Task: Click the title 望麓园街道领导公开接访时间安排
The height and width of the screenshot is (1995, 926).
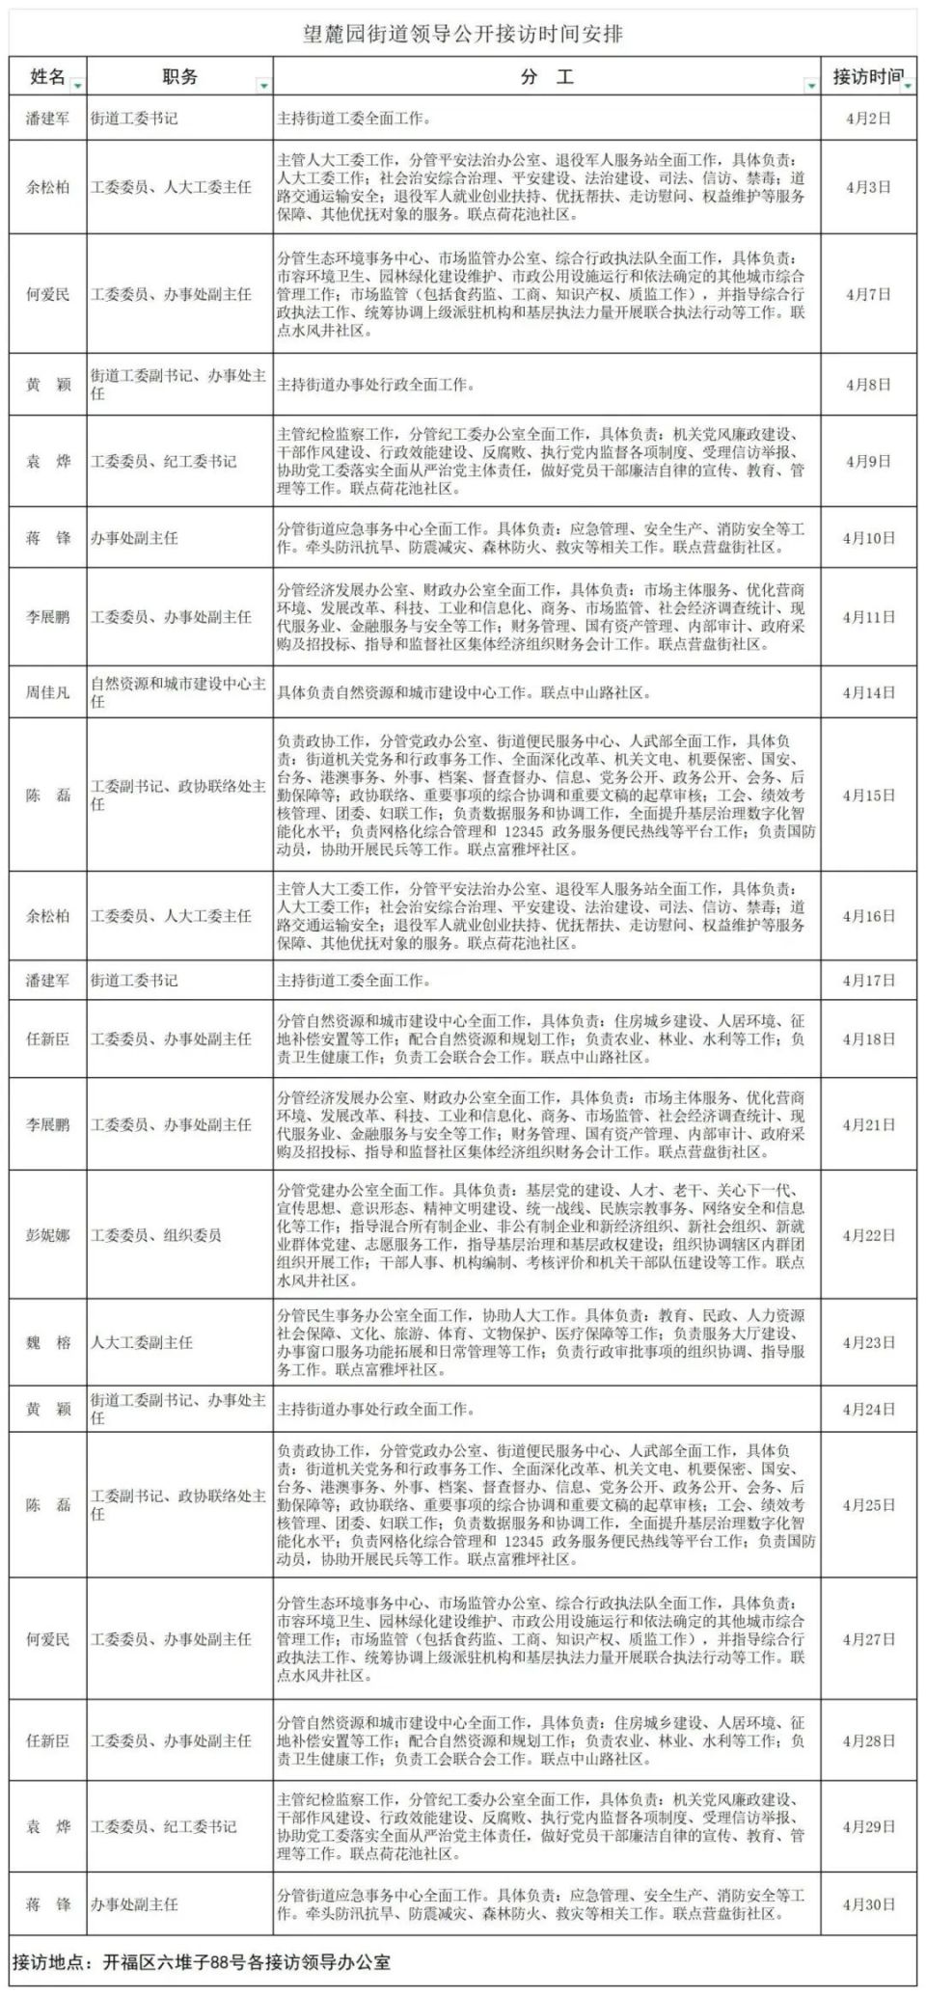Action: coord(463,35)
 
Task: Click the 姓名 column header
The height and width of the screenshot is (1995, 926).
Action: coord(47,76)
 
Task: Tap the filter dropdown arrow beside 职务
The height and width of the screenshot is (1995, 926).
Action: coord(263,86)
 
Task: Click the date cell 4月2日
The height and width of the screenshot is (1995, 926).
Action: coord(868,119)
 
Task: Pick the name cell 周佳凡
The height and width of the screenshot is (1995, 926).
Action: coord(47,692)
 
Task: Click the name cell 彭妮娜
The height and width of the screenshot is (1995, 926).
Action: coord(47,1235)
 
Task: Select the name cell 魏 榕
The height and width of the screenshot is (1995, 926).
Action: coord(47,1342)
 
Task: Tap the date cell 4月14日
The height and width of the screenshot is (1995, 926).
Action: coord(868,692)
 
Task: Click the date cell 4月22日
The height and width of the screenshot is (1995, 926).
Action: coord(868,1235)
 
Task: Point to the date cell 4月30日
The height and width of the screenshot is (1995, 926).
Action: coord(868,1904)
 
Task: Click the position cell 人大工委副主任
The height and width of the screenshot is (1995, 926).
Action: coord(142,1342)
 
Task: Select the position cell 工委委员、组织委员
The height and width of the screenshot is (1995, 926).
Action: coord(156,1235)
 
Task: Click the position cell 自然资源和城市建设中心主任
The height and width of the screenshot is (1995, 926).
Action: coord(177,692)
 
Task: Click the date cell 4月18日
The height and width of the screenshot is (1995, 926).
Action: coord(868,1039)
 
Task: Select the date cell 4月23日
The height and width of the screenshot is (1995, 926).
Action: coord(868,1342)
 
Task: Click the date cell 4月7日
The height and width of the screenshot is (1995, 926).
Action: coord(868,294)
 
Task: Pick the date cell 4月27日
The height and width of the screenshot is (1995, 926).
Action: coord(868,1639)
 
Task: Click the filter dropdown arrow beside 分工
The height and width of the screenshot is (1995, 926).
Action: coord(811,86)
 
